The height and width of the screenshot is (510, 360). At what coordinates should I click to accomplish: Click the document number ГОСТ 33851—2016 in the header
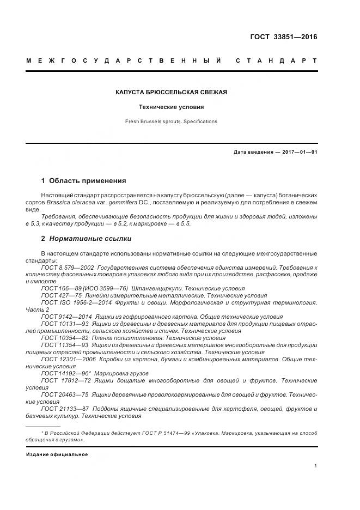(283, 37)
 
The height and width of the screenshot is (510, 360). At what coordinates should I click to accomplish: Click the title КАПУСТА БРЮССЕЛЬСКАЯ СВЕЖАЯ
(172, 92)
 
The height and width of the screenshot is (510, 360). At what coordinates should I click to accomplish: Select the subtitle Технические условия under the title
(172, 107)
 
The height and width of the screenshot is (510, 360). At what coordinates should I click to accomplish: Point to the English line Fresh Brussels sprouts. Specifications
(172, 122)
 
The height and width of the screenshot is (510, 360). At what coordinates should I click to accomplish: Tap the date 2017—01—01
(300, 152)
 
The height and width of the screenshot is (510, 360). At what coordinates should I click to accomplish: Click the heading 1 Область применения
(83, 181)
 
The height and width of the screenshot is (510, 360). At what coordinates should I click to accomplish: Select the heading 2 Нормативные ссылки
(86, 239)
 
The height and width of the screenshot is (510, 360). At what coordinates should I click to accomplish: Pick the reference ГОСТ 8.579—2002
(68, 268)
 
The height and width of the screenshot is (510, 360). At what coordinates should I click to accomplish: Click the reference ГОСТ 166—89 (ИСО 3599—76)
(84, 288)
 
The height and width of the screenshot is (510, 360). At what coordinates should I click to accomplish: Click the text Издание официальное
(57, 454)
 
